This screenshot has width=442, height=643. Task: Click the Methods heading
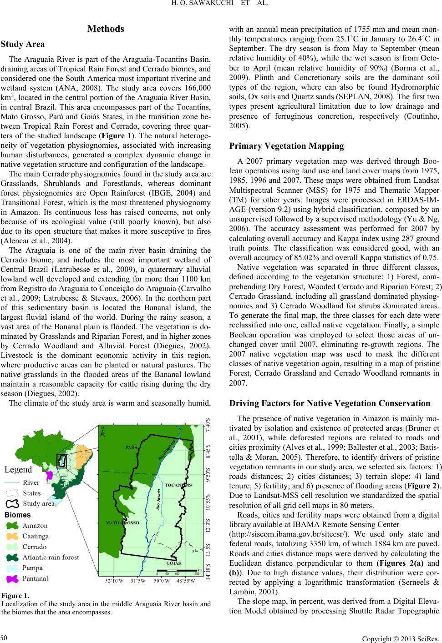[x=106, y=29]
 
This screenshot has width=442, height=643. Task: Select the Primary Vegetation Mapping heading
[x=287, y=146]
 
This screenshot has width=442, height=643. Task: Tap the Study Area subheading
[x=23, y=44]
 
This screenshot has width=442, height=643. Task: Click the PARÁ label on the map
[x=132, y=447]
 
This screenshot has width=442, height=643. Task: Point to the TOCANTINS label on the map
[x=178, y=485]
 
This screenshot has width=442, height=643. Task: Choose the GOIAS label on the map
[x=173, y=563]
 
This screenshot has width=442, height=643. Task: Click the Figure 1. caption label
[x=15, y=595]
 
